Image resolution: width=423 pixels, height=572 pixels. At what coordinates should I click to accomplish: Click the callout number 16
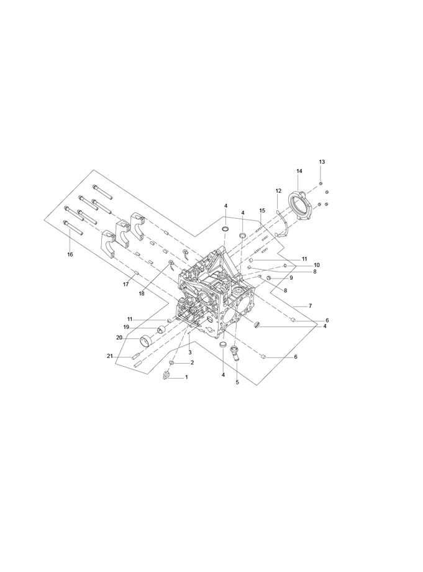[70, 254]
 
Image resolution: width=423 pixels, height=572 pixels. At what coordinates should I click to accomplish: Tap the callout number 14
[299, 171]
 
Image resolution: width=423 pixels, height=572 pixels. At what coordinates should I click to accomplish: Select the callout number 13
[322, 162]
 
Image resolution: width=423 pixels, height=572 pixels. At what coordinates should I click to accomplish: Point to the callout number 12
[278, 191]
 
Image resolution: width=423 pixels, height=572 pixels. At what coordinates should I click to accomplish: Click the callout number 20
[119, 338]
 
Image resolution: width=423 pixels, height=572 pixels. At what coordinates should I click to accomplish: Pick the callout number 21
[110, 356]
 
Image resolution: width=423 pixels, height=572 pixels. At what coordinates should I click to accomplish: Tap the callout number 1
[186, 377]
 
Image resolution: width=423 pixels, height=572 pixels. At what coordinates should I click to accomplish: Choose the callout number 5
[237, 382]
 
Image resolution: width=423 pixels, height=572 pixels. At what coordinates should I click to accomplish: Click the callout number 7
[310, 305]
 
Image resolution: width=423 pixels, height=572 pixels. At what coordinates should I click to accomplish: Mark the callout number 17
[125, 285]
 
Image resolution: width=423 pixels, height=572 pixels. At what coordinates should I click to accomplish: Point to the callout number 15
[262, 211]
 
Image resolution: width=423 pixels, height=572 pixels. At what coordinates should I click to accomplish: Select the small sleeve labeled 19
[161, 331]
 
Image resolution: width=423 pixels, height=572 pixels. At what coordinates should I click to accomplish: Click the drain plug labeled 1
[167, 376]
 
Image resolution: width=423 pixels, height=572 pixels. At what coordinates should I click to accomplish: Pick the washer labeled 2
[171, 363]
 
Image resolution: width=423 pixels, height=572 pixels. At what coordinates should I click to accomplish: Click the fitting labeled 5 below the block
[235, 353]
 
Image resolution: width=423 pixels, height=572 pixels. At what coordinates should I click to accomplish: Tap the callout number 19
[126, 327]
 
